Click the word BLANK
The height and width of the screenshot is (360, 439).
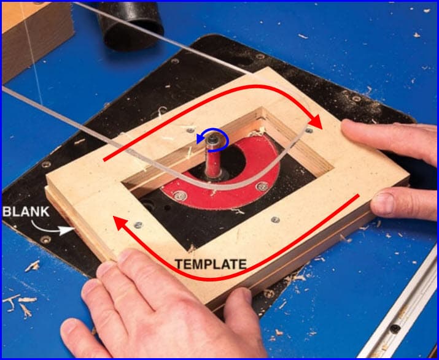pyautogui.click(x=26, y=212)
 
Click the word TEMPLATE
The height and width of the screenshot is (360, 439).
pyautogui.click(x=211, y=264)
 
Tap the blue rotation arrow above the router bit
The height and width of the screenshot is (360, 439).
pyautogui.click(x=213, y=140)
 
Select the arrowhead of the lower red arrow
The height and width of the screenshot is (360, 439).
pyautogui.click(x=120, y=223)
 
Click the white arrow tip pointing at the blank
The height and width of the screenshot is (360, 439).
pyautogui.click(x=68, y=231)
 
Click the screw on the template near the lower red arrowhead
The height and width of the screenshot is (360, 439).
pyautogui.click(x=138, y=225)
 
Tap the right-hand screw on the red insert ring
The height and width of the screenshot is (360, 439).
pyautogui.click(x=262, y=186)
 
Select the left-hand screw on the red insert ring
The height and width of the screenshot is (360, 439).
pyautogui.click(x=180, y=195)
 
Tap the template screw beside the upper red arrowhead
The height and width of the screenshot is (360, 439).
pyautogui.click(x=309, y=131)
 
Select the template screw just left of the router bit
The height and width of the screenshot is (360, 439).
pyautogui.click(x=190, y=130)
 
